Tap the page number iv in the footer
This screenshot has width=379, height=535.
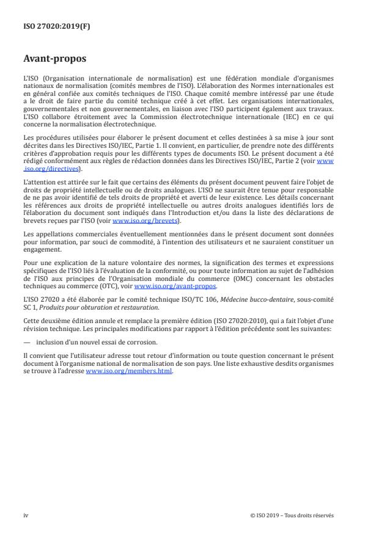point(26,515)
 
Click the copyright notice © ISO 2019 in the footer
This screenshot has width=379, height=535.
point(292,515)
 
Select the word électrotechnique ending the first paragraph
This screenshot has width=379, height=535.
point(119,123)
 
